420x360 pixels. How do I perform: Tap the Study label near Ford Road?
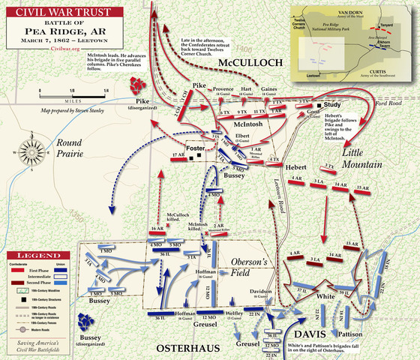click(x=334, y=105)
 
